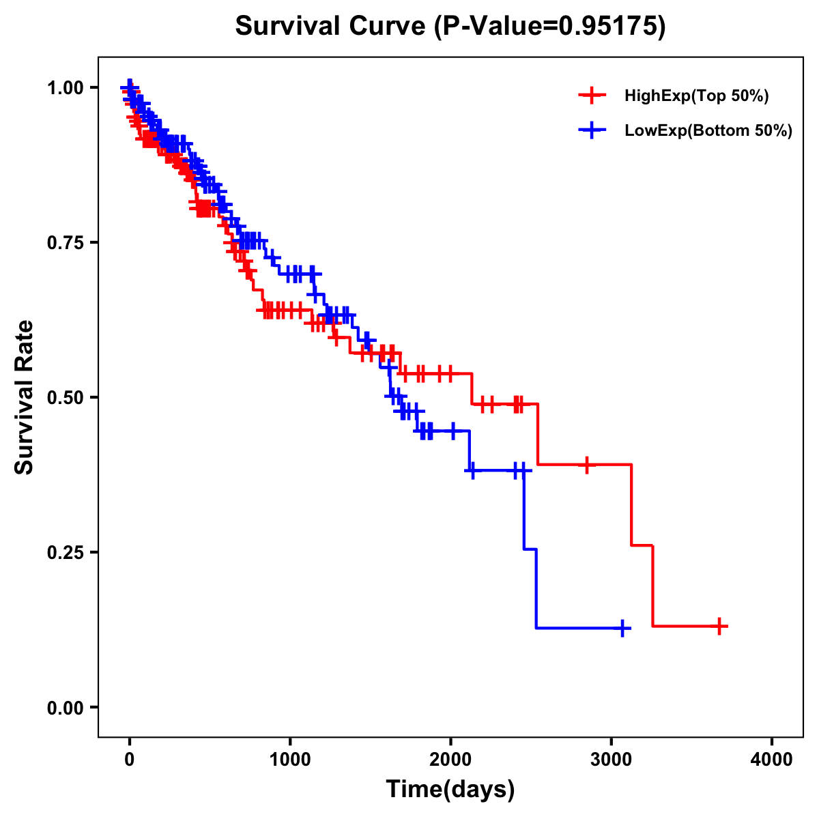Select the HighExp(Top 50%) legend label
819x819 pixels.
point(696,96)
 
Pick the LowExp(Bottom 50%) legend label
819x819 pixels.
point(708,131)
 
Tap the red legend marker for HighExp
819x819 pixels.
point(592,96)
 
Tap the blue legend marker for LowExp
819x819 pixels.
point(592,130)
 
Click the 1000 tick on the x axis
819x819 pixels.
point(290,760)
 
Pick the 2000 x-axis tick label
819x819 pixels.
point(450,760)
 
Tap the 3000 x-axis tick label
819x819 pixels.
point(612,760)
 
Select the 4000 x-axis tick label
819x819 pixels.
point(772,760)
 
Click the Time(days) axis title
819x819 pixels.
point(450,790)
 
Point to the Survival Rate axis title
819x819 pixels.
point(25,397)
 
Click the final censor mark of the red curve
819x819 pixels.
point(719,626)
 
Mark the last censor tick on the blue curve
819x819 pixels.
point(622,628)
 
